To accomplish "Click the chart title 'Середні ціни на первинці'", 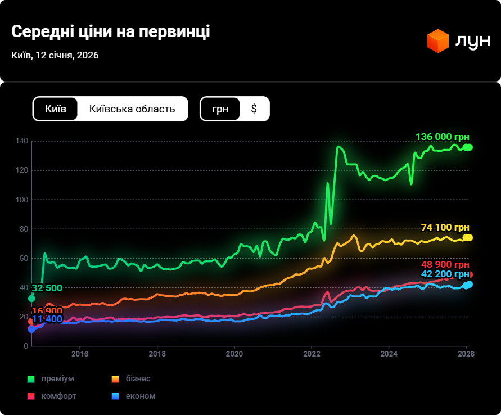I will coord(110,31).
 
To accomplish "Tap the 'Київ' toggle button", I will coord(56,109).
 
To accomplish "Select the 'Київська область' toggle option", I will coord(132,109).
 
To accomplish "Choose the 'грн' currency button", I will coord(220,109).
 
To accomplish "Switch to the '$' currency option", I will coord(254,109).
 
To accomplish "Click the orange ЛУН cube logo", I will coord(437,41).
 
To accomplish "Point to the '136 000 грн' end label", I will coord(442,137).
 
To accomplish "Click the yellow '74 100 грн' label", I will coord(445,227).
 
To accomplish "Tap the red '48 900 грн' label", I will coord(444,265).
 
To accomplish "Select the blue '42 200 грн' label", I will coord(444,274).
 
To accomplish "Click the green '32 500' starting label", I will coord(47,288).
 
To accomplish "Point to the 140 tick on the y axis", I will coord(22,141).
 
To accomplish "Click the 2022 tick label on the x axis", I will coord(312,354).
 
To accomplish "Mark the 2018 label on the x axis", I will coord(157,354).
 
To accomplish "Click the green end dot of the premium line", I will coord(468,147).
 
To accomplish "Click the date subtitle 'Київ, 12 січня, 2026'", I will coord(55,55).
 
